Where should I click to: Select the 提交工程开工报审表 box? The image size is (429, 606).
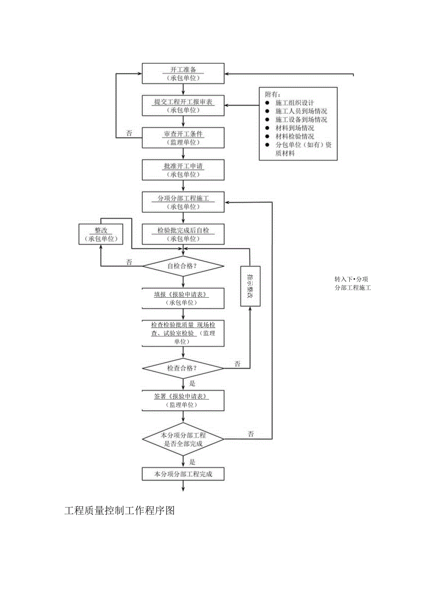pos(183,106)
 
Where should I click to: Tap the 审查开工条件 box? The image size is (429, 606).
pos(183,138)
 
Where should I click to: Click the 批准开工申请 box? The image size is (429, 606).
pos(183,170)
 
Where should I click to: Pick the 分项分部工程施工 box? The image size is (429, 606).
pos(183,202)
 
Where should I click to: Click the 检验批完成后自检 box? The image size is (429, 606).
pos(183,234)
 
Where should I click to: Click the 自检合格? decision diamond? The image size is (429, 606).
pos(183,266)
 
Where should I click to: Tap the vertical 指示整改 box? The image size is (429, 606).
pos(250,286)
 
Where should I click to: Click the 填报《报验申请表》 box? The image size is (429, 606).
pos(183,298)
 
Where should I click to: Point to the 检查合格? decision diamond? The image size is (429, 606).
pos(183,368)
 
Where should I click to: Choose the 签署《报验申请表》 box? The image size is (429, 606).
pos(183,401)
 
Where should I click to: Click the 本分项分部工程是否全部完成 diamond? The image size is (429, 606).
pos(183,439)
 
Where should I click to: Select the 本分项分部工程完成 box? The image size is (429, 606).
pos(183,474)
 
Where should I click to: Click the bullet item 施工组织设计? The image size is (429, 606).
pos(295,103)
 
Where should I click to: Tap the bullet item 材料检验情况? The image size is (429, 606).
pos(295,136)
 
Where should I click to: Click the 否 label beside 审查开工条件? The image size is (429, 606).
pos(129,133)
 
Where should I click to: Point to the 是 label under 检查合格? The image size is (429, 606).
pos(192,383)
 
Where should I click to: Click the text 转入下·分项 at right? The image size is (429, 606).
pos(351,279)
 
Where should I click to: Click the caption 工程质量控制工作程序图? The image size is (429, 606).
pos(119,511)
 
